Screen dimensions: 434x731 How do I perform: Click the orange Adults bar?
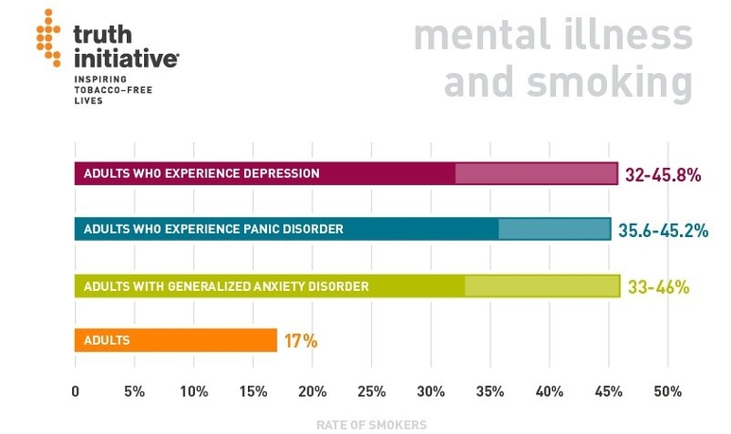tap(175, 340)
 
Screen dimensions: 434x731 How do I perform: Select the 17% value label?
tap(301, 340)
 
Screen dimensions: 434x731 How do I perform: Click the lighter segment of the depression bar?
tap(536, 173)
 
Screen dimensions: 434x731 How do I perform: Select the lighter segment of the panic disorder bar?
tap(554, 229)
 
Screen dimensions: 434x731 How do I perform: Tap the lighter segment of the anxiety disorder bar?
tap(542, 285)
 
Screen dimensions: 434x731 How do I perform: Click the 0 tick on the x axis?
tap(76, 391)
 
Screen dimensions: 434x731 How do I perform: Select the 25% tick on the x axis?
tap(372, 391)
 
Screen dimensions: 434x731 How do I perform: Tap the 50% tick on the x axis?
tap(667, 391)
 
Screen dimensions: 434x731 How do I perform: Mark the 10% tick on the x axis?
tap(194, 391)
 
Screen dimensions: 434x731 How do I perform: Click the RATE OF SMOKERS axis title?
tap(371, 425)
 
